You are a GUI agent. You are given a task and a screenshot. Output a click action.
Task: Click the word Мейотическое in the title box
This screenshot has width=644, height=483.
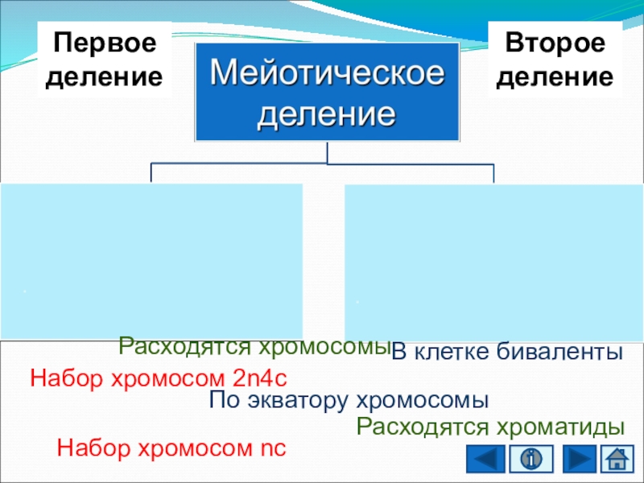coord(327,74)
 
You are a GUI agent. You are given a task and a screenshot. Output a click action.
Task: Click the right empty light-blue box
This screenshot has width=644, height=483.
coord(492,262)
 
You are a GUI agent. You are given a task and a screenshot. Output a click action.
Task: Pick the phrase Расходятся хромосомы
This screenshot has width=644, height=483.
coord(254,347)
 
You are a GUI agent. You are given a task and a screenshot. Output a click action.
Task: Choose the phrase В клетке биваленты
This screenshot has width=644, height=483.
coord(508,352)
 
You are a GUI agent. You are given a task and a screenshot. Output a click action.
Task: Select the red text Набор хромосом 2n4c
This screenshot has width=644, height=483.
coord(159,378)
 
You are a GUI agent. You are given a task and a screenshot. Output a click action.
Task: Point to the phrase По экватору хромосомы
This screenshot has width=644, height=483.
coord(349,400)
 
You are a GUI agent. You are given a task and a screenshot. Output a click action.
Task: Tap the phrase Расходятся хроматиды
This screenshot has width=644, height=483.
coord(491,426)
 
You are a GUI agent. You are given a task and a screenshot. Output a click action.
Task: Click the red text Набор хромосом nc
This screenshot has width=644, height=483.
coord(171,448)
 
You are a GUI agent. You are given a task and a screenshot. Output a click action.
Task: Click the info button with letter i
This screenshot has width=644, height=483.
coord(530,460)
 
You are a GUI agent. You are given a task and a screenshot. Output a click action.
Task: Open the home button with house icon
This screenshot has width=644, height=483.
coord(616,460)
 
